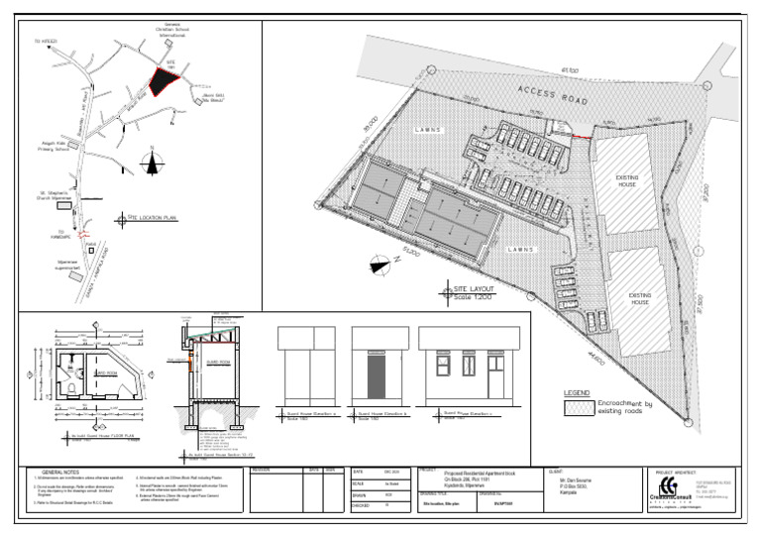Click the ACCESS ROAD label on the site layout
(x=552, y=96)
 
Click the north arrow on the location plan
(x=151, y=161)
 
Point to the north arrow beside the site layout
(x=379, y=264)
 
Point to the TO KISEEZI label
(x=46, y=42)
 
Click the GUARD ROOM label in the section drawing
(x=217, y=362)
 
